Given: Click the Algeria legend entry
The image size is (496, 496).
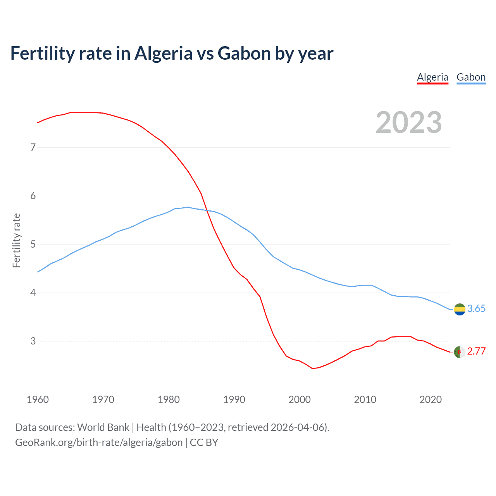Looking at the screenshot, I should [x=432, y=77].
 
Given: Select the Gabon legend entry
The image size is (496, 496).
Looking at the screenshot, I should [x=471, y=77].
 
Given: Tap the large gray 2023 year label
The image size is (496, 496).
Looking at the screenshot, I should [x=408, y=122].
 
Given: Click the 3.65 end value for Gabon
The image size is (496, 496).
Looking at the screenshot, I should [x=476, y=308].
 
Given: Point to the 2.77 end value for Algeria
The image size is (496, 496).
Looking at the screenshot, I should [x=476, y=351].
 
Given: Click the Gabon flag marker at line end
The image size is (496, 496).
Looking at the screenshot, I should [x=460, y=309].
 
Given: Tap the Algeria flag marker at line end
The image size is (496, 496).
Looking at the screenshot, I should [x=460, y=352].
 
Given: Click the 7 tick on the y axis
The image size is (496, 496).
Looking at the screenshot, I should [x=33, y=147].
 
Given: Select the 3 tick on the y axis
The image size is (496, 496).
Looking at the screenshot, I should [x=33, y=341].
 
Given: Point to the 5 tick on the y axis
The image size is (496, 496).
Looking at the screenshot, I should [x=33, y=244].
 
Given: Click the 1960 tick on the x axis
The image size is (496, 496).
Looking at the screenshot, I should [x=38, y=400].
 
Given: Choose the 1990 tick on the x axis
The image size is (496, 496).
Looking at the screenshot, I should [x=234, y=400].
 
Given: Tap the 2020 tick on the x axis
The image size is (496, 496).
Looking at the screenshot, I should [x=431, y=400].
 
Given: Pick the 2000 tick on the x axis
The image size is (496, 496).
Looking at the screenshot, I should [x=300, y=400].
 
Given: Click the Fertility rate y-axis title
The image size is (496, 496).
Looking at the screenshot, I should [x=16, y=240].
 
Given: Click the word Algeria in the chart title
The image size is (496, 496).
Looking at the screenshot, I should [x=163, y=53].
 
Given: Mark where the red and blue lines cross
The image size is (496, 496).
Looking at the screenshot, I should [x=207, y=210].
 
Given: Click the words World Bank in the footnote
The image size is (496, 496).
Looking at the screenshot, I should [x=103, y=427].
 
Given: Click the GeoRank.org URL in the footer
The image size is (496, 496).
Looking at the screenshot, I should [x=99, y=443].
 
